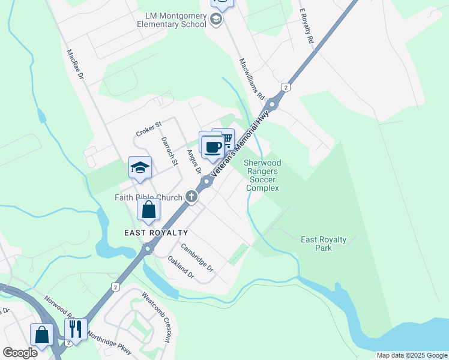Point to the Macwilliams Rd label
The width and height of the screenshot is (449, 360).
[x=252, y=79]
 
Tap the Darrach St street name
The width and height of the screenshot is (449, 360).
[x=170, y=151]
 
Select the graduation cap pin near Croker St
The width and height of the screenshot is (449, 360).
[x=140, y=168]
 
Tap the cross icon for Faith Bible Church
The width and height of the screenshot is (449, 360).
[x=191, y=196]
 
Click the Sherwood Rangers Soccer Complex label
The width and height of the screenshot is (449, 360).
[x=262, y=175]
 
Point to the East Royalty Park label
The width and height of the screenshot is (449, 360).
[x=324, y=244]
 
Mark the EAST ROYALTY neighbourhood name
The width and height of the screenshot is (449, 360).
[x=156, y=233]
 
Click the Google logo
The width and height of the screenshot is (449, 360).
[x=20, y=353]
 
